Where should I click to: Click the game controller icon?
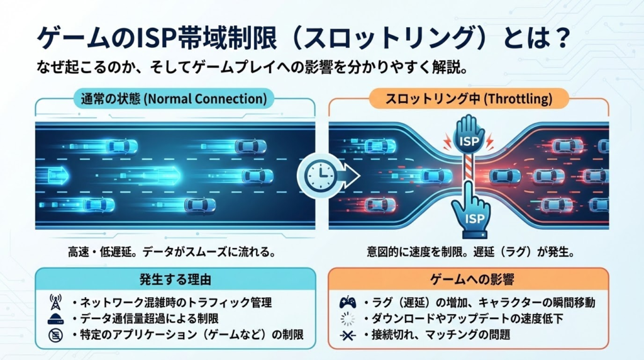348,302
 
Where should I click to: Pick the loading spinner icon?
347,319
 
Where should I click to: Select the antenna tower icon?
55,302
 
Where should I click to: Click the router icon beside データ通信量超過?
55,319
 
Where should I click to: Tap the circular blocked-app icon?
55,335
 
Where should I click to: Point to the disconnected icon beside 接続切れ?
347,335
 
